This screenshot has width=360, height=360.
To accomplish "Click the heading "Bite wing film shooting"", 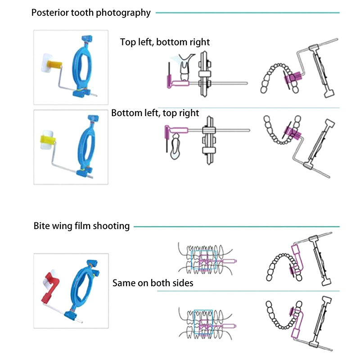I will point(81,226).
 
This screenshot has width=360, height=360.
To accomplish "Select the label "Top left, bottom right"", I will point(165,42).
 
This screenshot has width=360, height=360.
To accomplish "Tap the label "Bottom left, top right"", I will point(155,113).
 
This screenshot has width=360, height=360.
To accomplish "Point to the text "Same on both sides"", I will point(153,283).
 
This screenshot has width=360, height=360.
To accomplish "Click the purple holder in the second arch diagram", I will point(292,132).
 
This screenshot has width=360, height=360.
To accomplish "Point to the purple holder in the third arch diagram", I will point(297,261).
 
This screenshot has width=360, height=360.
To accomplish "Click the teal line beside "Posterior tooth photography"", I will point(247,13).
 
